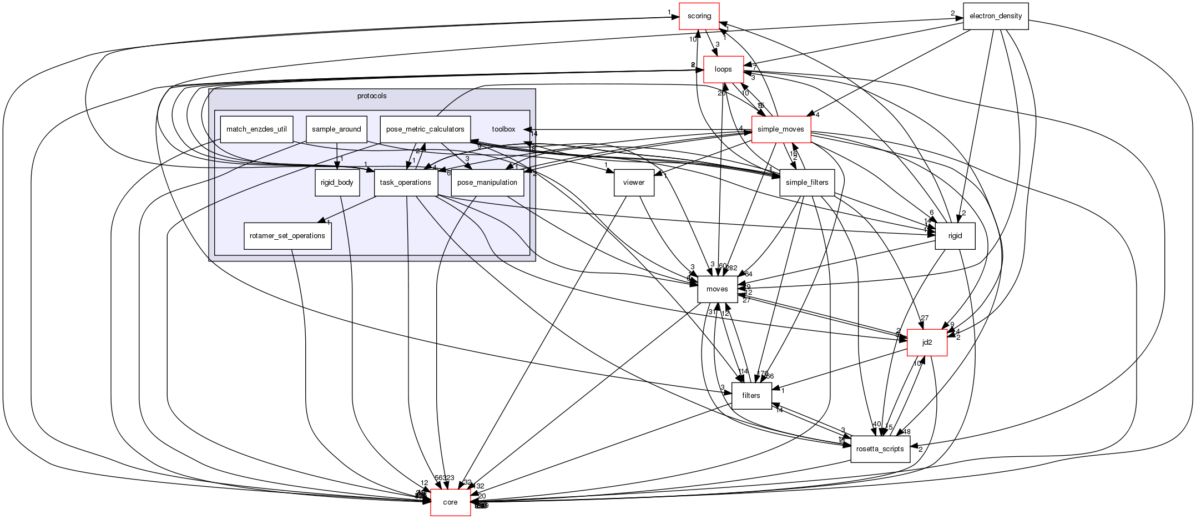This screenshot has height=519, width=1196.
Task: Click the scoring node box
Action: pos(699,16)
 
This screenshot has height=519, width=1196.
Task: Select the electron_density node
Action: pos(995,16)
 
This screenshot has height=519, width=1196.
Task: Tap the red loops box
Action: pos(723,69)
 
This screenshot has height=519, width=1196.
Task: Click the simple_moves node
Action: pos(780,129)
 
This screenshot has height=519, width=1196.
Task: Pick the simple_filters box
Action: pos(807,183)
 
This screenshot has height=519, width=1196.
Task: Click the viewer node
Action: pos(634,183)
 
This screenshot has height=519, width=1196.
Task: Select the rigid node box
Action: pos(955,236)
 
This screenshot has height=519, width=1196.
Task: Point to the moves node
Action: pos(717,289)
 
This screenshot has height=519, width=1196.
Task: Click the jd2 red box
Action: pos(927,342)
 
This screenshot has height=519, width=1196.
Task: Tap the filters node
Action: pos(751,396)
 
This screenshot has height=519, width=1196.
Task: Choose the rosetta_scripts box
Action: pos(880,449)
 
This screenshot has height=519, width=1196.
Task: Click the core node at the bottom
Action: pos(450,502)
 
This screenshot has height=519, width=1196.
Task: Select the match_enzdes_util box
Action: pos(256,129)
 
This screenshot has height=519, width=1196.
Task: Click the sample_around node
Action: pos(336,129)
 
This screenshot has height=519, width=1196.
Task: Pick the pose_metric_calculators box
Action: pos(425,129)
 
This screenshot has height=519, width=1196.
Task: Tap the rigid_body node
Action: pos(337,183)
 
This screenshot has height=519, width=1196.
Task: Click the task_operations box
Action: pos(406,183)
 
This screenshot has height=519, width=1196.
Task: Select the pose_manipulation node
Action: pos(487,183)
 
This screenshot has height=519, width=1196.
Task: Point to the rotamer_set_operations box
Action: pos(287,236)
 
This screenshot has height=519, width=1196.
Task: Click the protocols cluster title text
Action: pos(372,96)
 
